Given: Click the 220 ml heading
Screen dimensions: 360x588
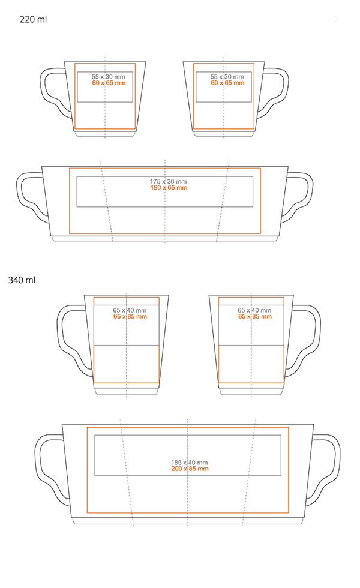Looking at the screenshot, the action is [x=33, y=19].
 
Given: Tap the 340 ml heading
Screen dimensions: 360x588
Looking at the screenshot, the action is [x=22, y=280].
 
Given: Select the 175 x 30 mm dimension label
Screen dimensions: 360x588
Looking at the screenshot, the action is [x=169, y=181].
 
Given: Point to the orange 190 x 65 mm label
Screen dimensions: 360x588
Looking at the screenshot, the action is [x=169, y=187].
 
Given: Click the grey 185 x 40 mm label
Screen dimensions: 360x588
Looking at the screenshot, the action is [x=190, y=463].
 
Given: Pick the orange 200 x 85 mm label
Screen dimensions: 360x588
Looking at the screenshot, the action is [x=190, y=469].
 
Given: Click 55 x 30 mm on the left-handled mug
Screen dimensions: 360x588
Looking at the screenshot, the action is [x=109, y=77].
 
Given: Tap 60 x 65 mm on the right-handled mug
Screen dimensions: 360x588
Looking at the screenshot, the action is [x=227, y=83].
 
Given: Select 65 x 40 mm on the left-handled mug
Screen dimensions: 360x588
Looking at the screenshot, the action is [x=130, y=310].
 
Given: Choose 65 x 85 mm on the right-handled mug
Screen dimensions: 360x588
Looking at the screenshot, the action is [x=254, y=317].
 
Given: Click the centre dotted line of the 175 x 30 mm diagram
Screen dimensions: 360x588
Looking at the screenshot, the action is [x=165, y=202].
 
